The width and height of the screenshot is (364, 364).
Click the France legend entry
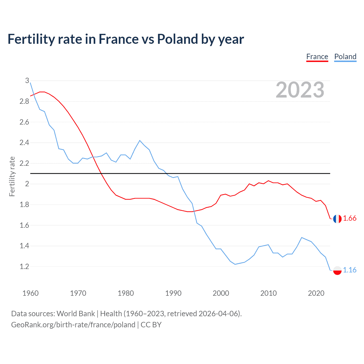point(317,57)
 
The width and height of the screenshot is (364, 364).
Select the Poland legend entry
point(345,57)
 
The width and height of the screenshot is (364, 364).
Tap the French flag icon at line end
point(337,219)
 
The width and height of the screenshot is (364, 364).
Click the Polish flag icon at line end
point(337,270)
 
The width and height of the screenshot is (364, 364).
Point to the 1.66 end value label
point(349,218)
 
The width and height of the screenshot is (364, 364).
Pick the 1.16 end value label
point(349,270)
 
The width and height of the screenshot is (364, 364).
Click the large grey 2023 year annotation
point(300,90)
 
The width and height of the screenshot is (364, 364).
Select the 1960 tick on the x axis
point(30,293)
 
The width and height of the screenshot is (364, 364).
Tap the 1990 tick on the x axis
point(173,293)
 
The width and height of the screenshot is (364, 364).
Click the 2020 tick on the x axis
point(316,293)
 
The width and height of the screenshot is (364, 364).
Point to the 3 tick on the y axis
point(27,81)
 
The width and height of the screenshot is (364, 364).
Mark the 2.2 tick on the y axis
point(24,163)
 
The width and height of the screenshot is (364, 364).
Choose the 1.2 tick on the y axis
point(24,266)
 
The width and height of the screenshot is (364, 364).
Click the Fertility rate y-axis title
point(12,176)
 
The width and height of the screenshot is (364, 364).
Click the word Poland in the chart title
point(177,39)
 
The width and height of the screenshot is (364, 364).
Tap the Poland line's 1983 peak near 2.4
point(140,140)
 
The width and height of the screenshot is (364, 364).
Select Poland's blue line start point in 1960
point(30,83)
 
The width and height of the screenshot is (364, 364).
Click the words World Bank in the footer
point(76,314)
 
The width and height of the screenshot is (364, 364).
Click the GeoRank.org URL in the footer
point(73,325)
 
